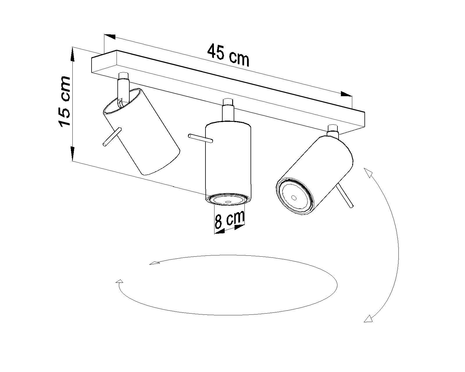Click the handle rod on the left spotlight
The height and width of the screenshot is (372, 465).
(x=112, y=137)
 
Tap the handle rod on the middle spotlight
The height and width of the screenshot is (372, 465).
(x=201, y=138)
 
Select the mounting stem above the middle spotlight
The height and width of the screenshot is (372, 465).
(x=228, y=110)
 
